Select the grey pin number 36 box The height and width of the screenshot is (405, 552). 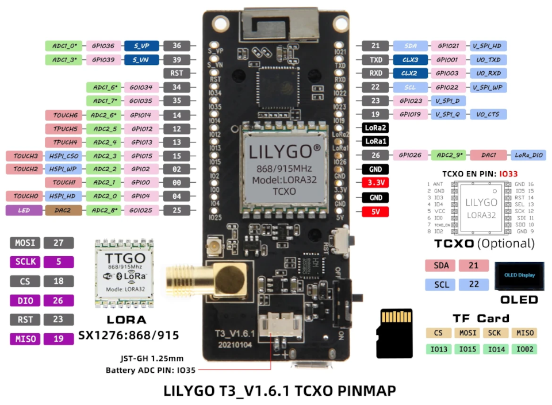(x=177, y=45)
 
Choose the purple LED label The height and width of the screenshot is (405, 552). (x=24, y=210)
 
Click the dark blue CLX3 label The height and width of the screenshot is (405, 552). (x=410, y=59)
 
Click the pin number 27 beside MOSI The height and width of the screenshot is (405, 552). (x=59, y=243)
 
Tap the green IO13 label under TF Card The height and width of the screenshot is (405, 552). (x=439, y=349)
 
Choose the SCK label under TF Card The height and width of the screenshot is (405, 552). (x=494, y=333)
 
